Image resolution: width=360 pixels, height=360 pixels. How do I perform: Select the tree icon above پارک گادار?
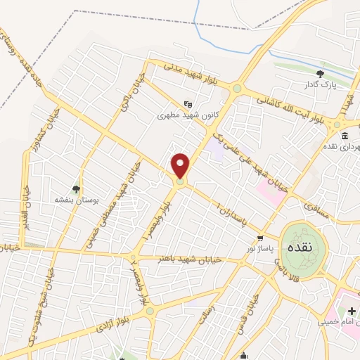(x=321, y=73)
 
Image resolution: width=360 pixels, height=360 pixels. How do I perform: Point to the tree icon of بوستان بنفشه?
(x=76, y=188)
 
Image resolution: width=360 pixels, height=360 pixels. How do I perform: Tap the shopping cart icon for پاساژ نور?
(x=261, y=238)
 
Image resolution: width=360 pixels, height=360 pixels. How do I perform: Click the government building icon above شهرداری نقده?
(x=345, y=136)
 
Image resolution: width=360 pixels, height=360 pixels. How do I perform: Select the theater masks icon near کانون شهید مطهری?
(x=186, y=103)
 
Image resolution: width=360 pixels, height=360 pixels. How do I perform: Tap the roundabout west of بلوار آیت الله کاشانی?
(x=238, y=89)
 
